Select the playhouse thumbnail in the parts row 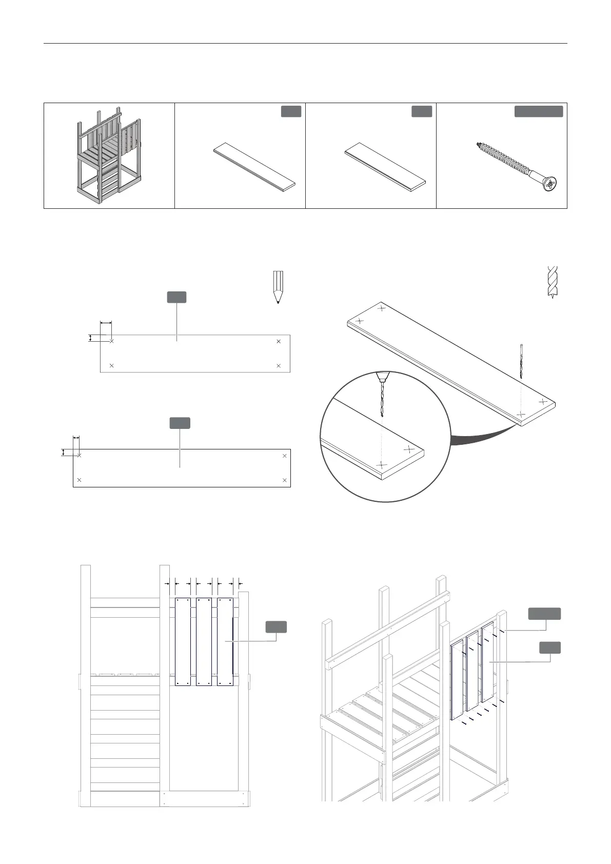pyautogui.click(x=108, y=156)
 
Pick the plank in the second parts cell pyautogui.click(x=255, y=167)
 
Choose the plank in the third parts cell pyautogui.click(x=385, y=167)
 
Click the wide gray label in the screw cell pyautogui.click(x=539, y=111)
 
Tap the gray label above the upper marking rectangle pyautogui.click(x=176, y=297)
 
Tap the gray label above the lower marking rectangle pyautogui.click(x=180, y=423)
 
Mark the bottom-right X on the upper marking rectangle pyautogui.click(x=279, y=366)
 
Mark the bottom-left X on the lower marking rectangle pyautogui.click(x=79, y=480)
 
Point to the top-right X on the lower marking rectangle pyautogui.click(x=285, y=456)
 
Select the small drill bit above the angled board pyautogui.click(x=521, y=361)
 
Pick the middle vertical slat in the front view pyautogui.click(x=204, y=641)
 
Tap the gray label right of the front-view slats pyautogui.click(x=276, y=626)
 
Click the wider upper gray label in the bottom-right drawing pyautogui.click(x=544, y=614)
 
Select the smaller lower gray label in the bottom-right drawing pyautogui.click(x=550, y=647)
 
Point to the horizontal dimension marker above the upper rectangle pyautogui.click(x=106, y=323)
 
